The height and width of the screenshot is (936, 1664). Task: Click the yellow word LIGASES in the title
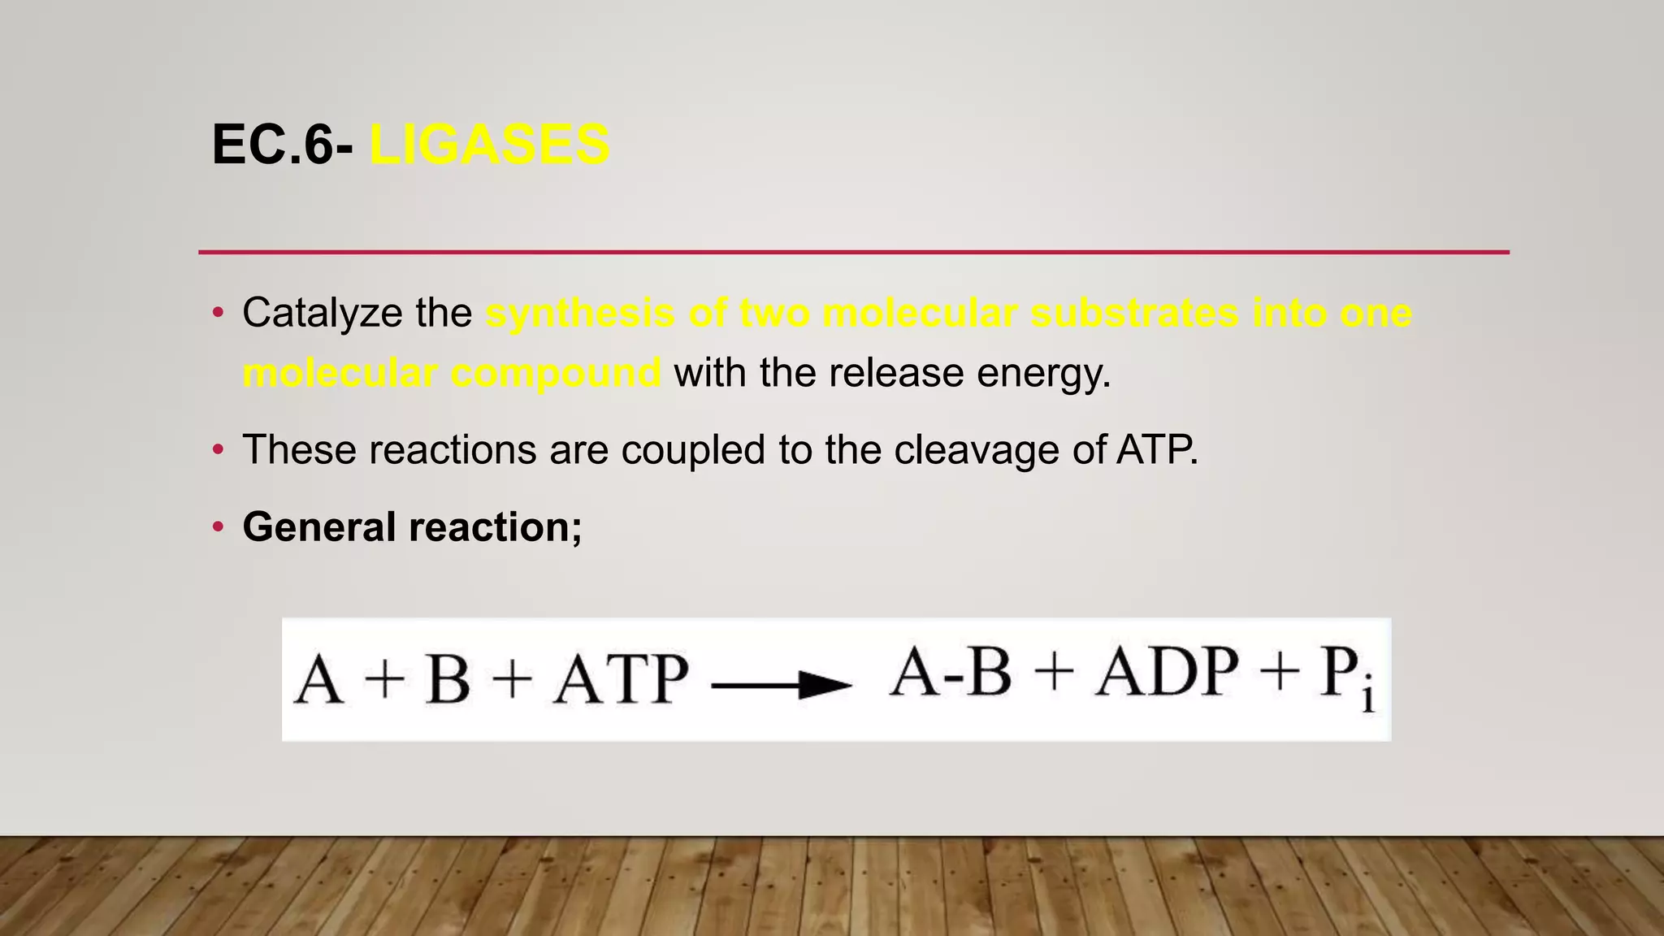click(489, 145)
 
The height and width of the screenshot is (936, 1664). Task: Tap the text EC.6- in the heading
click(283, 145)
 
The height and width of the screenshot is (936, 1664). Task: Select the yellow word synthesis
click(580, 314)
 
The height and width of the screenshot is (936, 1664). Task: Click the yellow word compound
click(556, 374)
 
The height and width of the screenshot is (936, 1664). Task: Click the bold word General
click(318, 526)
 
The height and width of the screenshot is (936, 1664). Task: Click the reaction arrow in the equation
click(781, 685)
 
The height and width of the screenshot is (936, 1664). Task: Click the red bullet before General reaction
click(217, 527)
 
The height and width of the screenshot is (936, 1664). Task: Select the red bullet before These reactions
click(217, 450)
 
